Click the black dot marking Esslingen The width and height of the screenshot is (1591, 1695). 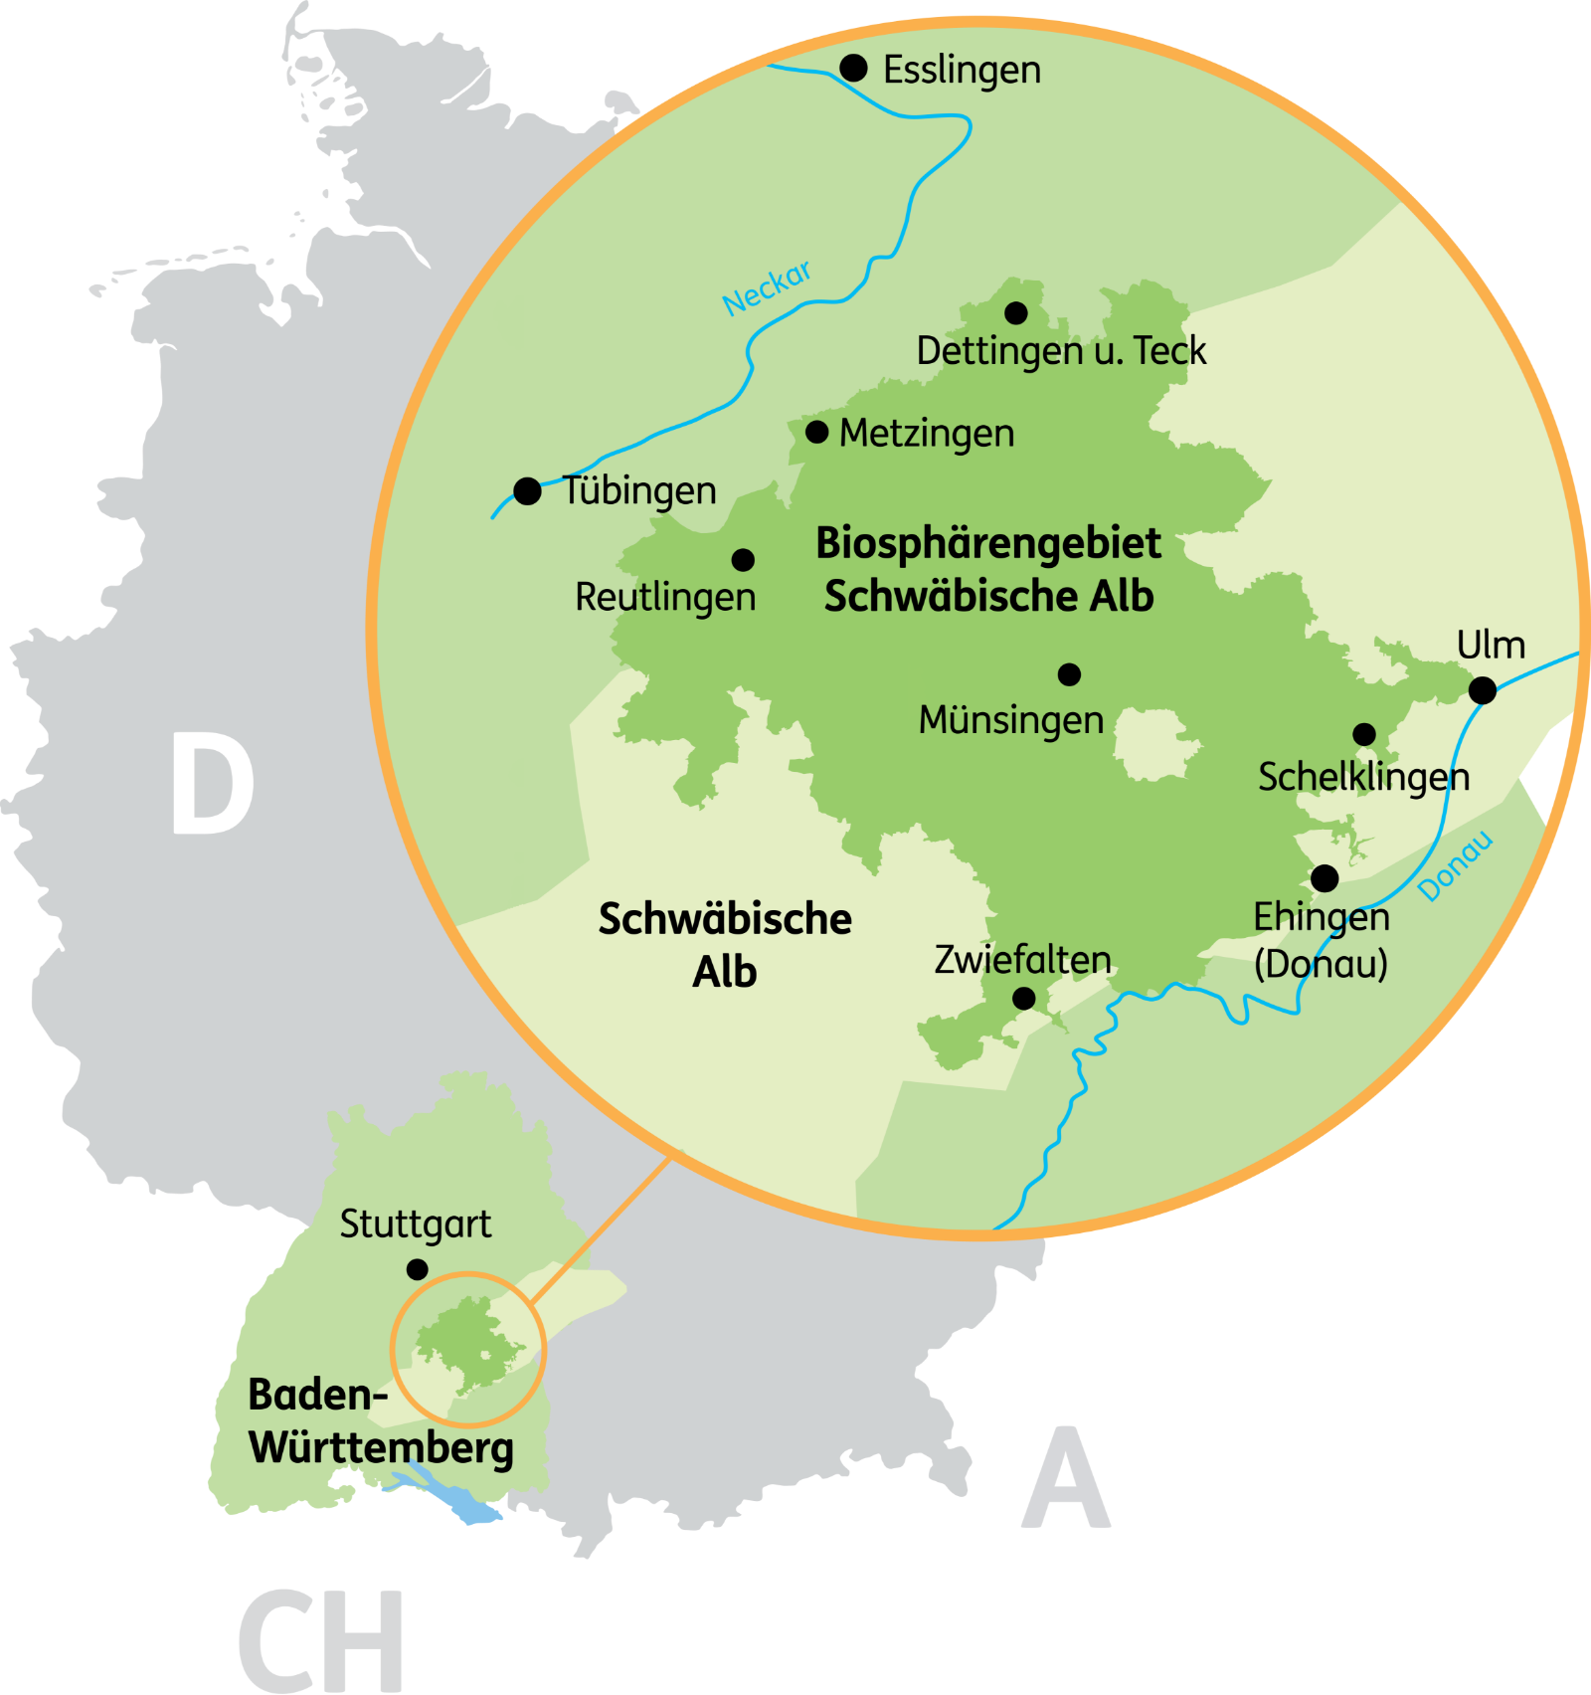coord(853,68)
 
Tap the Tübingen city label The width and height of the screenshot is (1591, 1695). coord(639,490)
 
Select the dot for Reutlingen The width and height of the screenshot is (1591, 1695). coord(743,560)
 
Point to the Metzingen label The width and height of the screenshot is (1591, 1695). coord(927,434)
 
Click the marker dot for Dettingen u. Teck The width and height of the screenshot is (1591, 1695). coord(1015,313)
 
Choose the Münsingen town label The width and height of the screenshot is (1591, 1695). coord(1011,720)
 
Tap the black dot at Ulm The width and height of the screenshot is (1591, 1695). coord(1482,689)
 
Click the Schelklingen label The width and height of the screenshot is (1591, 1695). coord(1363,777)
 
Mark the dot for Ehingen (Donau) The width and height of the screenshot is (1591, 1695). coord(1325,878)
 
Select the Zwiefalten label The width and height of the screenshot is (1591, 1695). coord(1022,960)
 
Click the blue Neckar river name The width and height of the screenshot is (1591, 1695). coord(767,287)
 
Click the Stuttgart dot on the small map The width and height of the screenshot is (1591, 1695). coord(418,1269)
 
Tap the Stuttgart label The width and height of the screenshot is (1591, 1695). coord(416,1224)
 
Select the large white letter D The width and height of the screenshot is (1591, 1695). coord(213,784)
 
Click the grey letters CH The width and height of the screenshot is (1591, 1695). coord(321,1641)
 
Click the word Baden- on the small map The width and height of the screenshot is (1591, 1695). coord(317,1395)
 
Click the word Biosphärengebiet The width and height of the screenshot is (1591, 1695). coord(988,544)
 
